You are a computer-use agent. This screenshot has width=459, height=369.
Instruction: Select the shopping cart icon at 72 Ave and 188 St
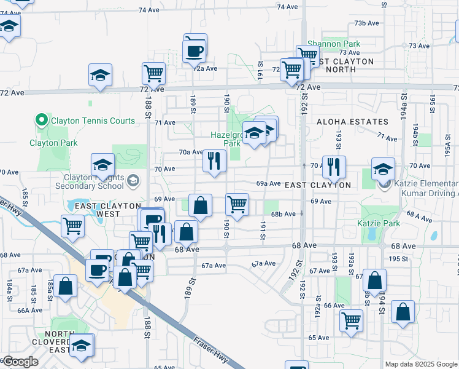tap(153, 73)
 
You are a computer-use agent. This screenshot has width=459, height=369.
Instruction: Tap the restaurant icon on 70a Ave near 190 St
tap(214, 161)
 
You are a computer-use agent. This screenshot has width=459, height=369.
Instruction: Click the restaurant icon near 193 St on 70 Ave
tap(333, 167)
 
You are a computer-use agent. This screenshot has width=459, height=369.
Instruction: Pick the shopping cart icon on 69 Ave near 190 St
tap(237, 204)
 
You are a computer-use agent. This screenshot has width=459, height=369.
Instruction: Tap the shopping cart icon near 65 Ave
tap(351, 320)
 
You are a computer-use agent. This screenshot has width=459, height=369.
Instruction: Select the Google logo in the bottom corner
tap(20, 362)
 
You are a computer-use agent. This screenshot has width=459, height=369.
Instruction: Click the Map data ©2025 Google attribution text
tap(422, 364)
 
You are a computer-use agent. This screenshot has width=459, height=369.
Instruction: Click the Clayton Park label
tap(52, 143)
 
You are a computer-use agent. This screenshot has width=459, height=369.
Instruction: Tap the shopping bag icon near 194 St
tap(374, 280)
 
